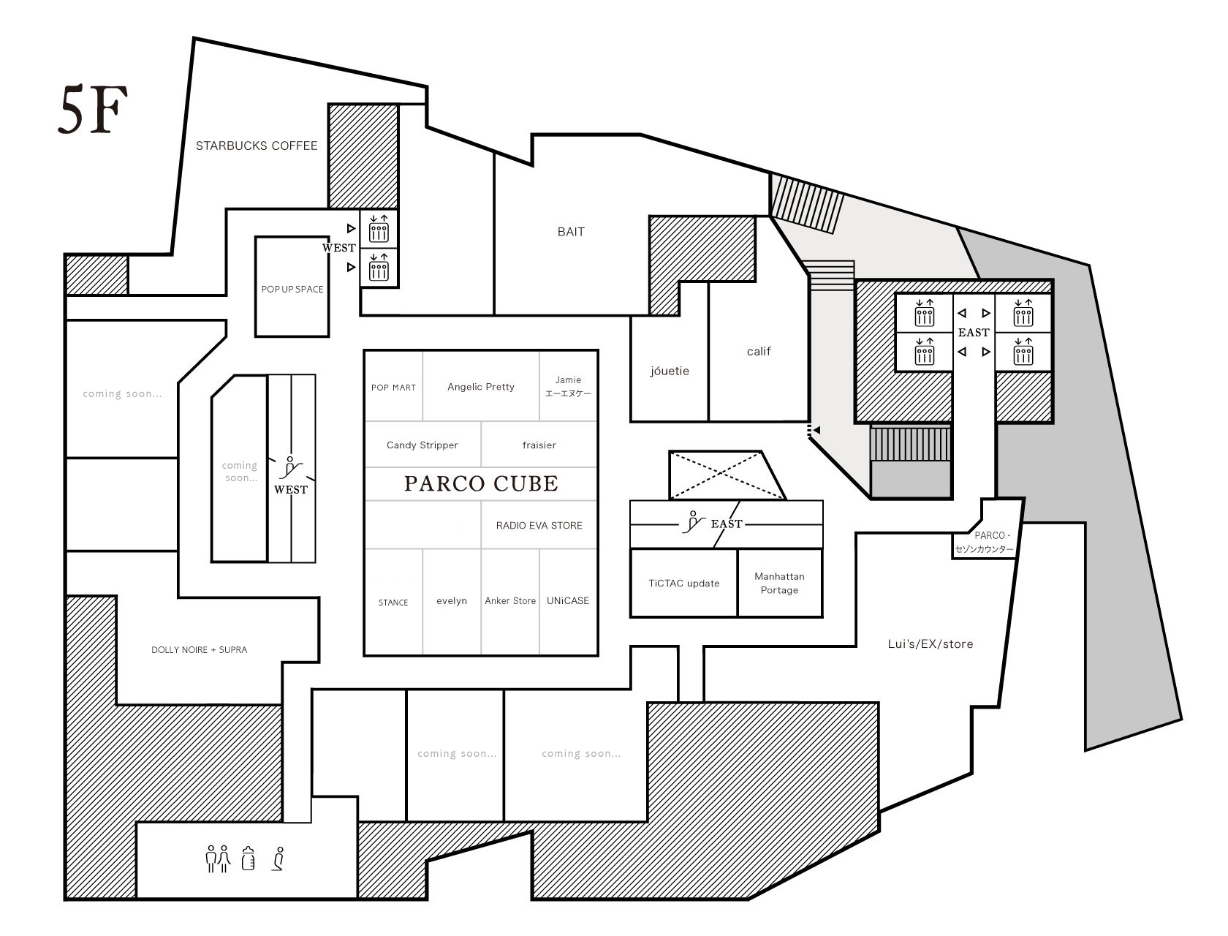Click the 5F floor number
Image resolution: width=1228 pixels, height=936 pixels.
pyautogui.click(x=93, y=110)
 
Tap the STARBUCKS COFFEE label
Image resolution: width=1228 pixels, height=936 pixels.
pyautogui.click(x=257, y=146)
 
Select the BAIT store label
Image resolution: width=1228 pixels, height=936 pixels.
pyautogui.click(x=571, y=232)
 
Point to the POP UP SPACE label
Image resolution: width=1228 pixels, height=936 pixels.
pyautogui.click(x=292, y=290)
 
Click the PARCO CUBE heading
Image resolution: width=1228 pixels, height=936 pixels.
pyautogui.click(x=480, y=483)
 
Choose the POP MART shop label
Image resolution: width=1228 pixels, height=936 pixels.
pyautogui.click(x=393, y=387)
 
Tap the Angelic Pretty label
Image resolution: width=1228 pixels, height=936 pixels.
pyautogui.click(x=480, y=387)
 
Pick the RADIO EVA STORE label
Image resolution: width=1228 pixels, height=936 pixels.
pyautogui.click(x=539, y=525)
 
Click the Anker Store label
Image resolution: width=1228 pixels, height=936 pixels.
pyautogui.click(x=510, y=600)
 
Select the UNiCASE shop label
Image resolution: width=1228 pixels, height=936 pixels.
pyautogui.click(x=568, y=600)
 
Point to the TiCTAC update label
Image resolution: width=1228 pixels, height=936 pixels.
pyautogui.click(x=683, y=583)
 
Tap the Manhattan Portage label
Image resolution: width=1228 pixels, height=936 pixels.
pyautogui.click(x=779, y=583)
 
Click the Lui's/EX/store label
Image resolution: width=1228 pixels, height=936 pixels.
pyautogui.click(x=930, y=644)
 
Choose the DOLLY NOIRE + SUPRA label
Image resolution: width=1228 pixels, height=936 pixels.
pyautogui.click(x=199, y=649)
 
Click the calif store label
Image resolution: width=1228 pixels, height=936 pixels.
pyautogui.click(x=759, y=351)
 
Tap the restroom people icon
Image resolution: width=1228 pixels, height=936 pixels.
pyautogui.click(x=218, y=858)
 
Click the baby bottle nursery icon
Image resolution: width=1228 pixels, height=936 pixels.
pyautogui.click(x=249, y=858)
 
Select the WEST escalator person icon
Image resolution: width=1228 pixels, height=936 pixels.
pyautogui.click(x=291, y=468)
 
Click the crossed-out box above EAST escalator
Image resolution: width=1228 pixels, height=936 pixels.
pyautogui.click(x=727, y=475)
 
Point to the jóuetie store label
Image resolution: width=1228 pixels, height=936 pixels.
pyautogui.click(x=669, y=371)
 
